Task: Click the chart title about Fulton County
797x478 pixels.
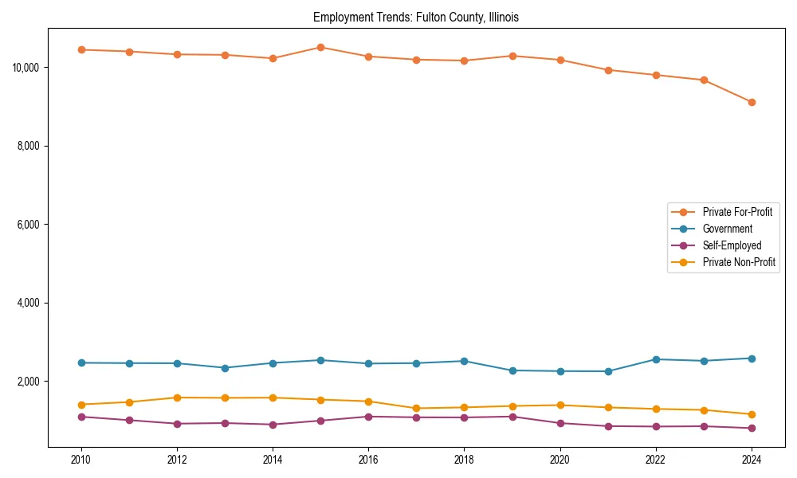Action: point(416,18)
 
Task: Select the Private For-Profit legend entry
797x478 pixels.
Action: point(736,212)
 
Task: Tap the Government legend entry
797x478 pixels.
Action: point(727,229)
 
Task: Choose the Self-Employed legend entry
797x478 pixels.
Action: point(732,245)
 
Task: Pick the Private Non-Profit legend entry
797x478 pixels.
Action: point(739,262)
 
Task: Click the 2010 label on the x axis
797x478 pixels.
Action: point(80,460)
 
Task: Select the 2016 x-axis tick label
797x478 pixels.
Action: point(368,460)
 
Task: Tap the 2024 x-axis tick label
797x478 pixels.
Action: point(752,460)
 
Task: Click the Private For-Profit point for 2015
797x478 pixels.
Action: point(320,47)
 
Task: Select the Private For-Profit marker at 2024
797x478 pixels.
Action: point(752,102)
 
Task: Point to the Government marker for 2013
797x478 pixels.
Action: point(225,368)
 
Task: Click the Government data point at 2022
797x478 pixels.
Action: point(656,359)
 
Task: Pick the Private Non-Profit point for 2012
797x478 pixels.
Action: point(177,398)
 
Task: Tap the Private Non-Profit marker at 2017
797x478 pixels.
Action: point(416,409)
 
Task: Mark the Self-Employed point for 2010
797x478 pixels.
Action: point(80,417)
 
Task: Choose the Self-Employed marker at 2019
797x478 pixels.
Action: point(512,417)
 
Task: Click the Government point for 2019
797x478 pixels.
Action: point(512,370)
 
